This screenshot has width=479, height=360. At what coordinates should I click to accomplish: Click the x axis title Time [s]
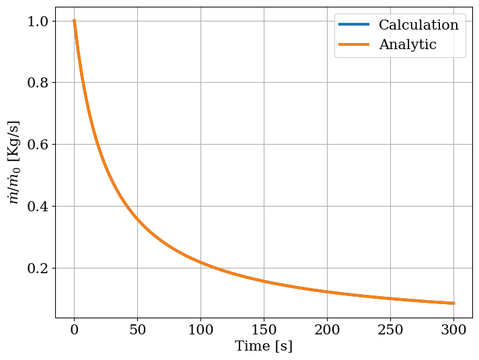[x=264, y=347]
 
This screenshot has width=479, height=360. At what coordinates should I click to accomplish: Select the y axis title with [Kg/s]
[x=13, y=162]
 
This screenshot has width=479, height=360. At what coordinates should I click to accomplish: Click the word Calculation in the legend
[x=418, y=26]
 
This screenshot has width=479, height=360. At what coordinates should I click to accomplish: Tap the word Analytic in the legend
[x=408, y=45]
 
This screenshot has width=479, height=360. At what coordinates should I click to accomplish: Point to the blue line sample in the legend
[x=354, y=26]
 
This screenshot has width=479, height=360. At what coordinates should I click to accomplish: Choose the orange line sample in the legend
[x=354, y=45]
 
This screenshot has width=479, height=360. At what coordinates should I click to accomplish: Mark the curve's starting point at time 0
[x=74, y=21]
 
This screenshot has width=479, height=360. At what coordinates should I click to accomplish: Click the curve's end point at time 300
[x=453, y=303]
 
